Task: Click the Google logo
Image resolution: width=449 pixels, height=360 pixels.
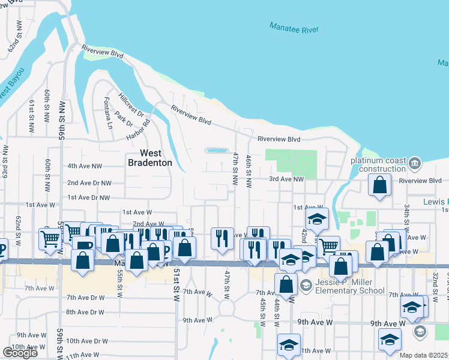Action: (x=20, y=352)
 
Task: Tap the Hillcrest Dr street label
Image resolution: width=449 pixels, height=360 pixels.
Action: (x=132, y=104)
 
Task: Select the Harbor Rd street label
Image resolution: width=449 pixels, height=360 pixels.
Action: (x=138, y=128)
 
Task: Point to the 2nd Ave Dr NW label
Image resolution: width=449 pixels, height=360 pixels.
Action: (x=89, y=182)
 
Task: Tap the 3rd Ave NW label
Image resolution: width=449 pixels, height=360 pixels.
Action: (x=286, y=179)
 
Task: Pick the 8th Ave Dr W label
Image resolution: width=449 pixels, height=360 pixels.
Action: (x=85, y=312)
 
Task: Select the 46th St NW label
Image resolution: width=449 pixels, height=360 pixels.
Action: (x=248, y=169)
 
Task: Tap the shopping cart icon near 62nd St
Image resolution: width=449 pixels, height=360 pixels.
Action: (x=50, y=238)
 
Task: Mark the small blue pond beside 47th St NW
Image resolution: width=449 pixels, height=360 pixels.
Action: (x=215, y=150)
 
